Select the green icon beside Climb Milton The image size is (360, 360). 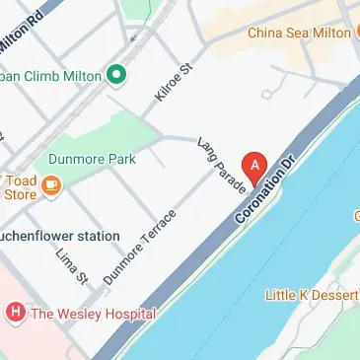click(x=115, y=73)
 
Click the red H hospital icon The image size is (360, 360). click(x=14, y=315)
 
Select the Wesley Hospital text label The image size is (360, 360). click(x=94, y=315)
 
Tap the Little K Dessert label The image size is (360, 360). click(x=312, y=294)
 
